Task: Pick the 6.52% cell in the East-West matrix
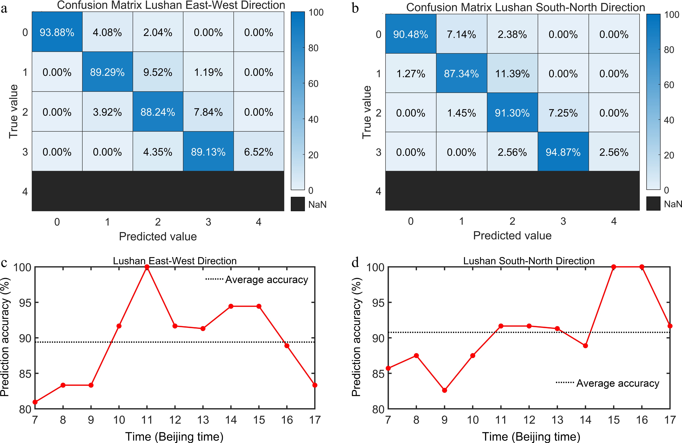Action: coord(259,152)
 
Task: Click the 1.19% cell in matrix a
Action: coord(208,72)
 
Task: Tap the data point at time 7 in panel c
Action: coord(35,402)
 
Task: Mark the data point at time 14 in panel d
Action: coord(585,346)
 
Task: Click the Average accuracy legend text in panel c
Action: coord(266,280)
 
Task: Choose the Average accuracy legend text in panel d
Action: coord(618,383)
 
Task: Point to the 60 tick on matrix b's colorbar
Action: coord(669,85)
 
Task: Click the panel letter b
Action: coord(355,9)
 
